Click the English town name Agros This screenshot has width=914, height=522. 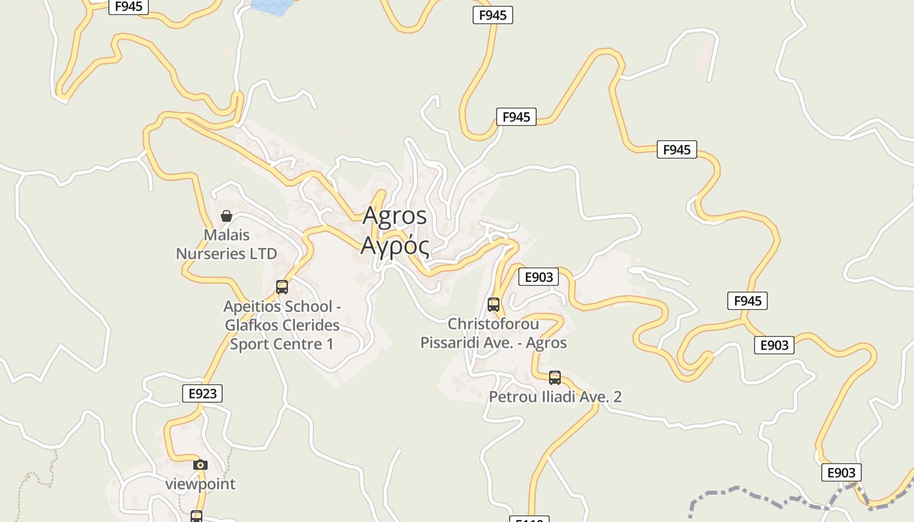pos(394,215)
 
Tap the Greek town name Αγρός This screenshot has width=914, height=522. pos(394,247)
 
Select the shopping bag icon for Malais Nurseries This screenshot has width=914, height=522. pos(227,216)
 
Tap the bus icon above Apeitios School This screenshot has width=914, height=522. pos(282,287)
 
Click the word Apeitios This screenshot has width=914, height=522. pos(254,306)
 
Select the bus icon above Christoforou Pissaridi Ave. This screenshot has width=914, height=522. pos(494,305)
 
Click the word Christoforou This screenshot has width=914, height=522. pos(494,324)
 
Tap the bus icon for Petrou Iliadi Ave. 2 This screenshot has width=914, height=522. pos(555,378)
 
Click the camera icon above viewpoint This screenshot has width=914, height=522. pos(200,465)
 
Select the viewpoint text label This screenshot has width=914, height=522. pos(200,484)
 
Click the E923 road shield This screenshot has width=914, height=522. pos(202,393)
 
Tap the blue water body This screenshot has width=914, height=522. pos(272,6)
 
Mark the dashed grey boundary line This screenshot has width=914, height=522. pos(751,489)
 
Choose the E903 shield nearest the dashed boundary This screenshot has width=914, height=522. pos(841,473)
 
